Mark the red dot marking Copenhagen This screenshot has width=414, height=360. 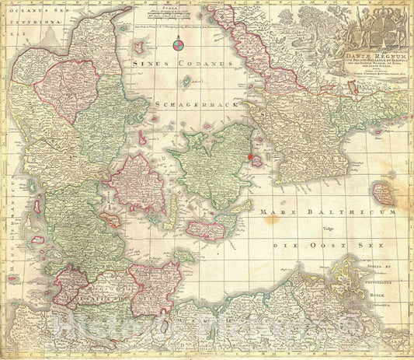251,156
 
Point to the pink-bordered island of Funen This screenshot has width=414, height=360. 137,182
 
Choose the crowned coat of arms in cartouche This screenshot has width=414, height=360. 376,27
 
